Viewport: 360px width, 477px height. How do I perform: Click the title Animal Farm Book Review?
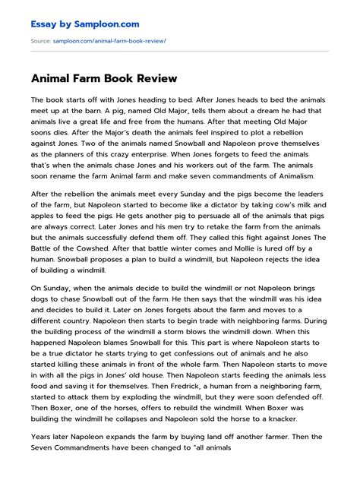coord(103,78)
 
